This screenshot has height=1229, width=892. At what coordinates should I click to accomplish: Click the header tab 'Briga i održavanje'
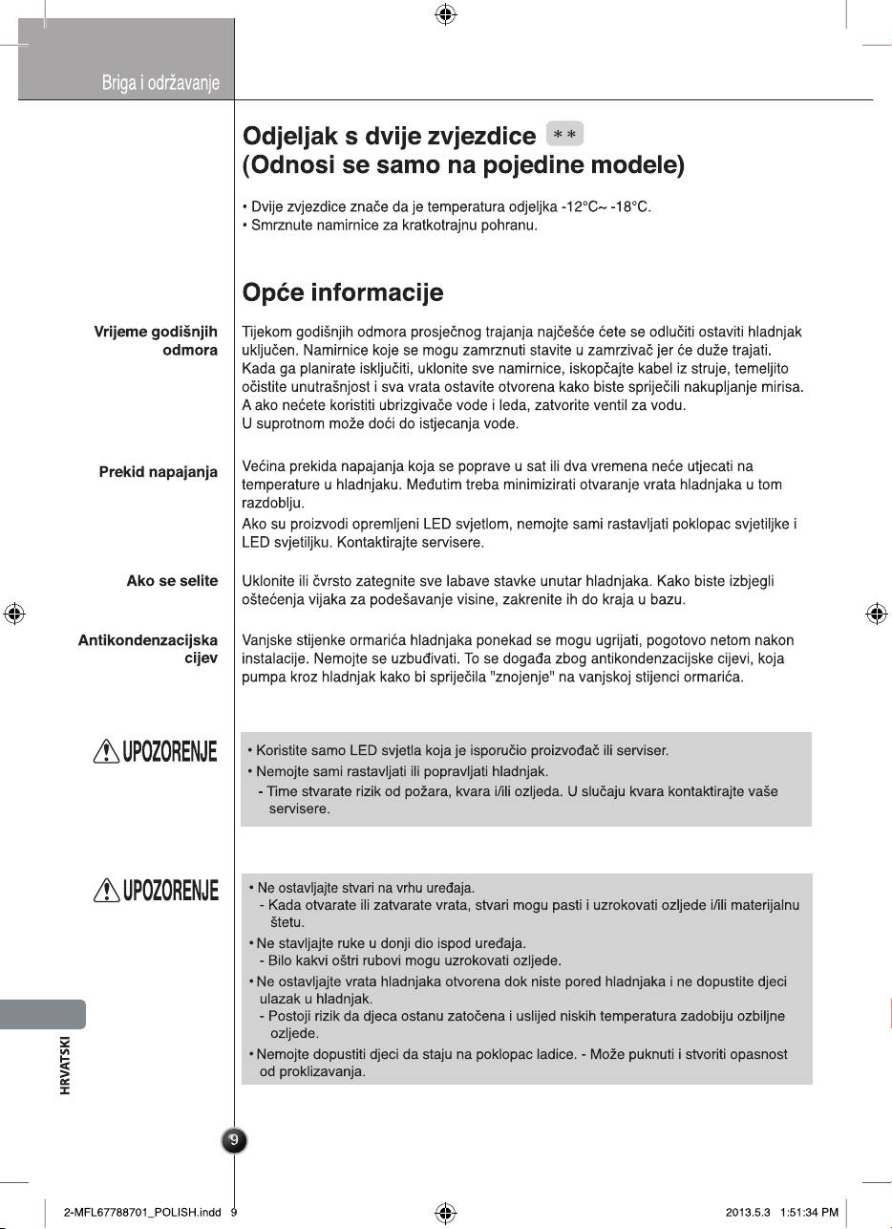point(160,84)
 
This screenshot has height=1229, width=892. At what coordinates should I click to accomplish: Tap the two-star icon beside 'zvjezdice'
point(563,134)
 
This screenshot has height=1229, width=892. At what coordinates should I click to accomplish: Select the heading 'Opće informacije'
point(342,292)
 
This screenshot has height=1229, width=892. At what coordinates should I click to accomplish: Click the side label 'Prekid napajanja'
point(158,472)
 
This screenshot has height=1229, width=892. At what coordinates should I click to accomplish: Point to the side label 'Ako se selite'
point(172,581)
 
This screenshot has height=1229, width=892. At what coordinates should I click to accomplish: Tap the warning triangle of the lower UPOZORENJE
point(105,892)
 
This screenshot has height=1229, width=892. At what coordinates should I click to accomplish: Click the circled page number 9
point(234,1139)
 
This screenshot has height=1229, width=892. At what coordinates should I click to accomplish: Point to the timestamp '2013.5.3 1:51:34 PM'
point(781,1213)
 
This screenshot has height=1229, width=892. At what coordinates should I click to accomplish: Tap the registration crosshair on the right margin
point(877,614)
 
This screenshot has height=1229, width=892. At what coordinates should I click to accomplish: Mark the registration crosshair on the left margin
point(13,614)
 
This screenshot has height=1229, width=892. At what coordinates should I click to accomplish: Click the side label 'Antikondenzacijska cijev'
point(148,649)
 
